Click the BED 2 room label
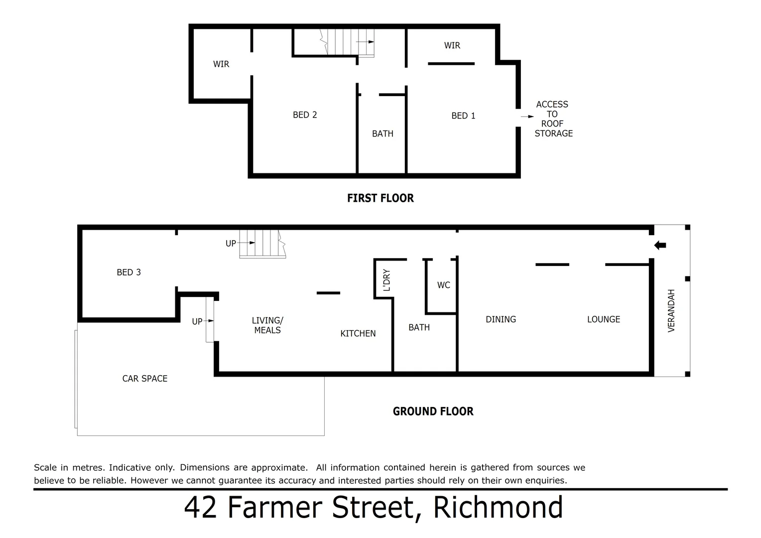point(305,115)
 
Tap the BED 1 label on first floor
point(463,116)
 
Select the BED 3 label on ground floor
point(128,272)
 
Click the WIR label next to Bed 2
point(221,64)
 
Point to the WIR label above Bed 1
point(452,45)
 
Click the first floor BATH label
point(382,134)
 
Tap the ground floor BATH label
point(419,327)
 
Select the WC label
point(443,285)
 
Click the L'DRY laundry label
point(386,280)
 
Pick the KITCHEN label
point(358,333)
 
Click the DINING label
point(501,319)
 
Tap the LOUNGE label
point(603,319)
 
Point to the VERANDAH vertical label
point(671,310)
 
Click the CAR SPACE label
point(145,379)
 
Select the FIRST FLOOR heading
point(380,198)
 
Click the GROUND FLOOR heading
point(433,411)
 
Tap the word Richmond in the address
point(498,508)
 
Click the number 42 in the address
point(200,508)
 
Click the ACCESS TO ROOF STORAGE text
point(553,119)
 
